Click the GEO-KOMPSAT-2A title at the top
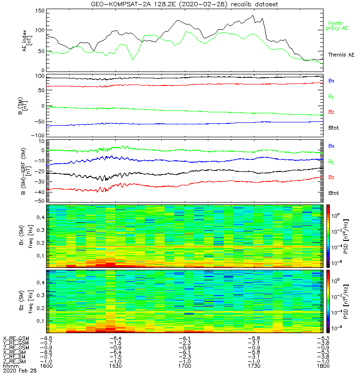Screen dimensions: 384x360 click(184, 4)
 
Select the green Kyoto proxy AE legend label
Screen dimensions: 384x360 click(338, 25)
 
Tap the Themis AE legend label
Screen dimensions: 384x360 click(340, 55)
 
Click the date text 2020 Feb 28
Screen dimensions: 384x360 click(16, 371)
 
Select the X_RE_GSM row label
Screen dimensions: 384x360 click(16, 338)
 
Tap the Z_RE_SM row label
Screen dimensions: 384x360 click(15, 361)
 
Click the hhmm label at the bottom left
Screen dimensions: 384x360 click(10, 366)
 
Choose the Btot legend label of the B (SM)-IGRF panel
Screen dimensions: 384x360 click(334, 192)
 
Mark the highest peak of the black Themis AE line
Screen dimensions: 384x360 click(253, 15)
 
